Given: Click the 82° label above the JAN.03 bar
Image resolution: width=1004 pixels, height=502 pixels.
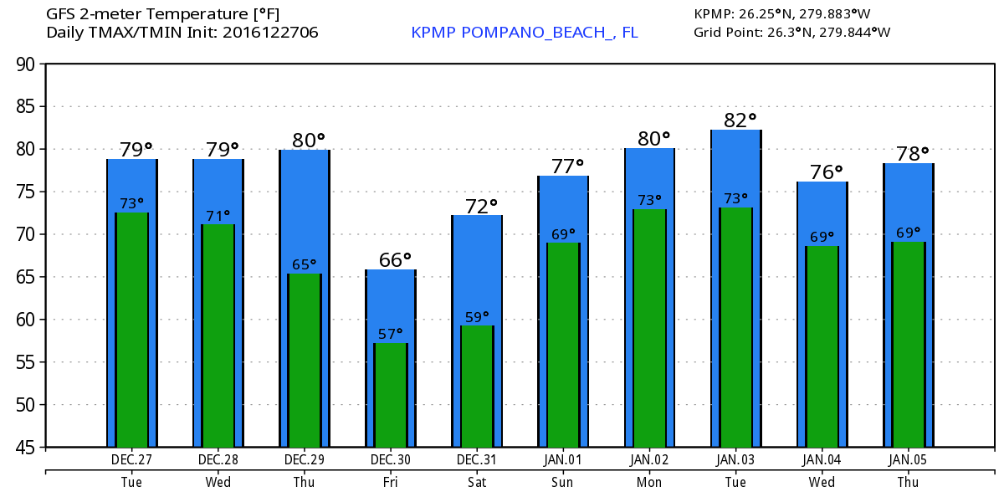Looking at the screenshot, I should [740, 120].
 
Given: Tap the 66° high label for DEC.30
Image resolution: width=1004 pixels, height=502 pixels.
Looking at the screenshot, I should [395, 260].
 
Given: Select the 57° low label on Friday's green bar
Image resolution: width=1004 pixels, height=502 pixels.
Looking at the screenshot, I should [391, 335].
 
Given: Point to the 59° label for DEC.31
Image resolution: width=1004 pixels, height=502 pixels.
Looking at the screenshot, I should [477, 318].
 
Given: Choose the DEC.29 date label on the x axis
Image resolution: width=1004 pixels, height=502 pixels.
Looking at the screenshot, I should [305, 459].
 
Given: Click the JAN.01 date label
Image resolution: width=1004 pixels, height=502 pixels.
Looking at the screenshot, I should [563, 459].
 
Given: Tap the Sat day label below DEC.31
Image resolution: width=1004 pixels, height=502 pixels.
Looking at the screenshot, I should [477, 483].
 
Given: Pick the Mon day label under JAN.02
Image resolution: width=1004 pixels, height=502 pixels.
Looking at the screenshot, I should [649, 483].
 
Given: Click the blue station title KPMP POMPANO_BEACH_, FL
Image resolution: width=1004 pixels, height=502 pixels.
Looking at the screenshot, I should [525, 33].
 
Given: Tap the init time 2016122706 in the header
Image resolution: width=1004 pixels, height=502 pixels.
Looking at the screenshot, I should [270, 33].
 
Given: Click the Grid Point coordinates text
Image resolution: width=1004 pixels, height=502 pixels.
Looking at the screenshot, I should [791, 33].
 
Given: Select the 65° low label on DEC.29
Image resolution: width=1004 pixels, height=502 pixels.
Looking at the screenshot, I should [305, 265].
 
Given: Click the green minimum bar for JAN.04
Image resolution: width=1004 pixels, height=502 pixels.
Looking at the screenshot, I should [822, 346].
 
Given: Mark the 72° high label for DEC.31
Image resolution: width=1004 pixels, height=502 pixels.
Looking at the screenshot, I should [481, 206].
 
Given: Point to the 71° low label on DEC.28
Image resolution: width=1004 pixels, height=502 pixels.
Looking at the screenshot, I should [218, 217].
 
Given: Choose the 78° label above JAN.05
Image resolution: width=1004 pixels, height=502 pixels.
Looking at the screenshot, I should [913, 154].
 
